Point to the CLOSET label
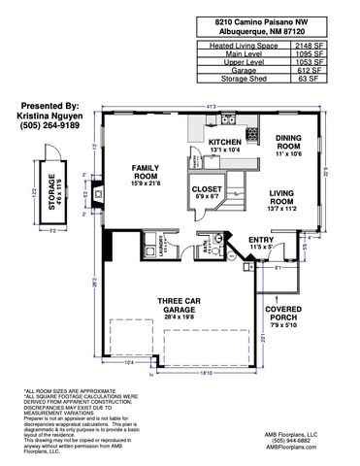206,190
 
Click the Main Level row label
240,54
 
